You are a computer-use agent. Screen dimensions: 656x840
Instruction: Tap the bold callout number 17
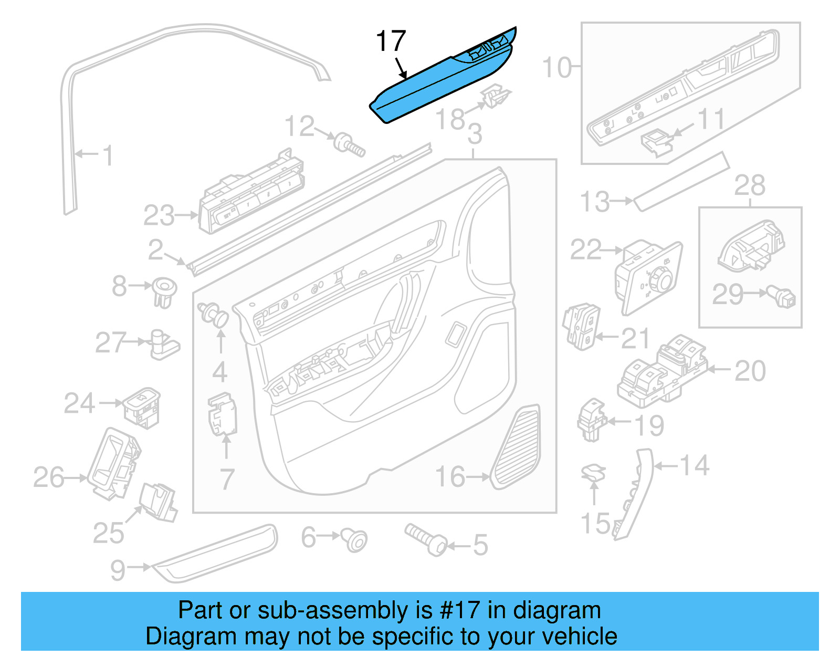tap(391, 41)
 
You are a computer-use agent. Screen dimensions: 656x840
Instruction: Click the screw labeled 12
tap(350, 144)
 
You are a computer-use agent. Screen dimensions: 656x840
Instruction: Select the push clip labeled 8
tap(164, 292)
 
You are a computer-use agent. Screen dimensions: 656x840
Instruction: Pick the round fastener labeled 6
tap(355, 540)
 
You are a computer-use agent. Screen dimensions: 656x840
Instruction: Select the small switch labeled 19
tap(591, 420)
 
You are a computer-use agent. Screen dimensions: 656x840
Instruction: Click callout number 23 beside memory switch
tap(159, 216)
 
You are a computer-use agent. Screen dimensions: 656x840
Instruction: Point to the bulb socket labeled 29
tap(782, 297)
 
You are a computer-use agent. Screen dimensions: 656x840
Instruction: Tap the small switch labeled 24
tap(142, 407)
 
